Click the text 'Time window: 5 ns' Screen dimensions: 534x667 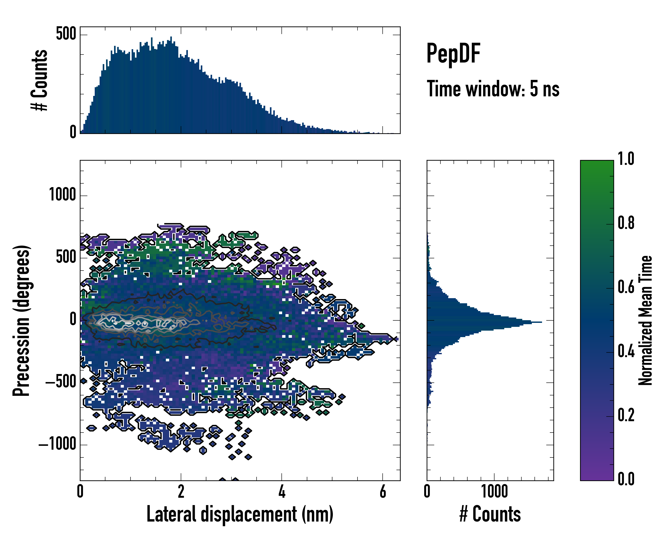[x=493, y=89]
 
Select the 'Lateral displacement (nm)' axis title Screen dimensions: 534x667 [x=240, y=514]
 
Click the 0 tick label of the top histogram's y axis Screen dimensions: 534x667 [x=73, y=132]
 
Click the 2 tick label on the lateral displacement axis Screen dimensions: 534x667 [x=181, y=491]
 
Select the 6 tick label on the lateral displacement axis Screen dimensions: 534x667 [x=383, y=491]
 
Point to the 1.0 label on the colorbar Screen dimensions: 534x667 [x=626, y=159]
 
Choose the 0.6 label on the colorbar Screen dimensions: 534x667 [x=626, y=287]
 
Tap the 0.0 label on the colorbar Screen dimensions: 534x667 [x=626, y=479]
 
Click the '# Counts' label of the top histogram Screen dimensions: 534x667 [x=40, y=80]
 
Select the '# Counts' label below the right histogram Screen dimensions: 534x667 [x=490, y=514]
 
